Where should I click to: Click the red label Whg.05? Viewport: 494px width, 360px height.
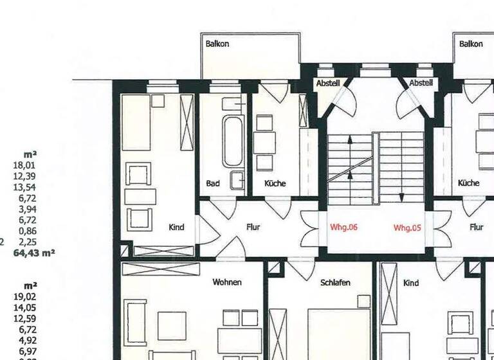407,227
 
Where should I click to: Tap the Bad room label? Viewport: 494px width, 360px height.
213,183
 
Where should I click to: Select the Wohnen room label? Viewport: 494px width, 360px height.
227,282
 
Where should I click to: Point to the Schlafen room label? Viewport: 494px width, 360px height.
334,282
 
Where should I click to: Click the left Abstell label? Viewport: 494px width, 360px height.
327,84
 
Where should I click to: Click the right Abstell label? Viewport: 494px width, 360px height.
421,83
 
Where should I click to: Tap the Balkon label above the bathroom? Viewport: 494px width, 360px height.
217,44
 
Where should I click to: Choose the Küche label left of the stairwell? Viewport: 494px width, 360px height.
275,183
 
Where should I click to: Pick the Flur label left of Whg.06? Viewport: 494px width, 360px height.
253,227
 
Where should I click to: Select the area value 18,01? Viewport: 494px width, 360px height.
26,165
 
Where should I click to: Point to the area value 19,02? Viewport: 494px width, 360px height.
26,296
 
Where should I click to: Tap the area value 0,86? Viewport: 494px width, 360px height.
28,231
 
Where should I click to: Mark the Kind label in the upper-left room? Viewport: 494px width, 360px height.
176,227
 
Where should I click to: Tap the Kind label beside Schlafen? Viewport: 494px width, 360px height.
410,283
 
